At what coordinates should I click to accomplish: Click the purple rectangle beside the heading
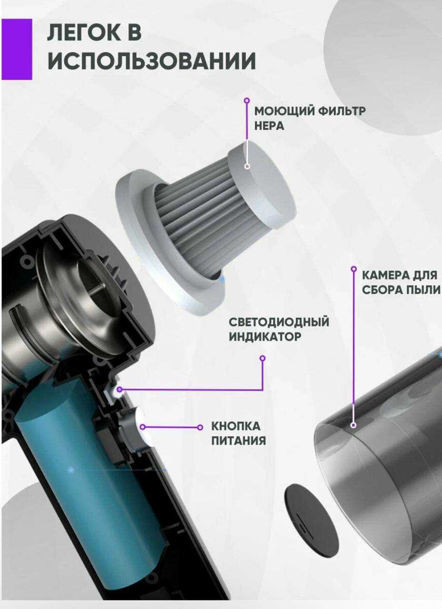click(x=17, y=49)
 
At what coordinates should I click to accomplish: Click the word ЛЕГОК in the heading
click(x=85, y=33)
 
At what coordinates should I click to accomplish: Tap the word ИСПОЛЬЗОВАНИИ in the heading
click(x=152, y=61)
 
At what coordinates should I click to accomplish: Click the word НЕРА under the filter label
click(x=269, y=126)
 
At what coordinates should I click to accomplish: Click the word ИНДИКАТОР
click(x=265, y=337)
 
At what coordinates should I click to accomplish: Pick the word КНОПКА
click(x=236, y=426)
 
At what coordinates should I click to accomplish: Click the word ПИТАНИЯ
click(x=238, y=441)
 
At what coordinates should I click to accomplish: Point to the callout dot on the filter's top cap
click(x=247, y=166)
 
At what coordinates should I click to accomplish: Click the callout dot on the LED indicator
click(x=119, y=389)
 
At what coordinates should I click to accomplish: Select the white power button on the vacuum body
click(x=142, y=427)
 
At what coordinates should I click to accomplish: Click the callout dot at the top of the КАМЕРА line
click(x=354, y=269)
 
